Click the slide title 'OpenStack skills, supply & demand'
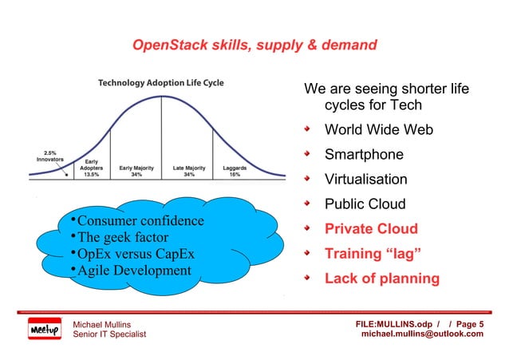[254, 46]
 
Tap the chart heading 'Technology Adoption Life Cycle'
[160, 83]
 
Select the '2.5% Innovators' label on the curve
[51, 155]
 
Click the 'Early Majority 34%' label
[136, 172]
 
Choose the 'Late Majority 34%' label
[188, 172]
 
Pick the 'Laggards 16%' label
[235, 172]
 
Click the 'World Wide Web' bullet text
[378, 129]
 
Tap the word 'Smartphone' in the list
[363, 154]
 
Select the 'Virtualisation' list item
[365, 180]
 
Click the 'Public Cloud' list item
[365, 204]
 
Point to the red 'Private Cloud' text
[370, 229]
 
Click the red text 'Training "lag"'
[373, 254]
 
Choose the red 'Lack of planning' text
[381, 279]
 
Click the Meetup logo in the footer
[45, 329]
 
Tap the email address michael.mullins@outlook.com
[422, 334]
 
